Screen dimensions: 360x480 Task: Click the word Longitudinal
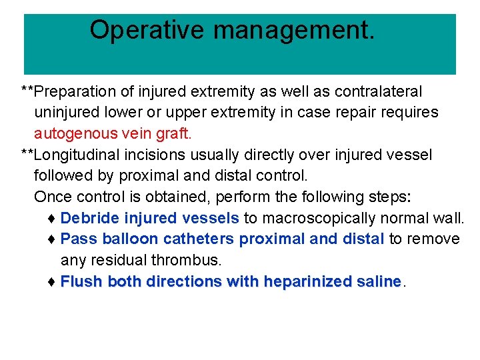(x=83, y=155)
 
